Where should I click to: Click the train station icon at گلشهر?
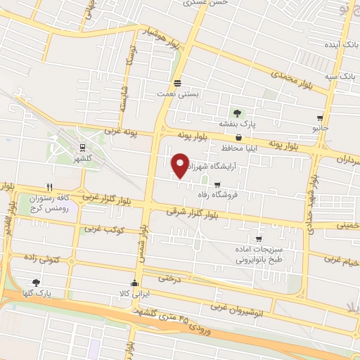tap(83, 148)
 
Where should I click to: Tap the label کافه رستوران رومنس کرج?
tap(51, 204)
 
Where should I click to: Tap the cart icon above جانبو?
tap(321, 118)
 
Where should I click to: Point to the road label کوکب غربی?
tap(104, 229)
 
